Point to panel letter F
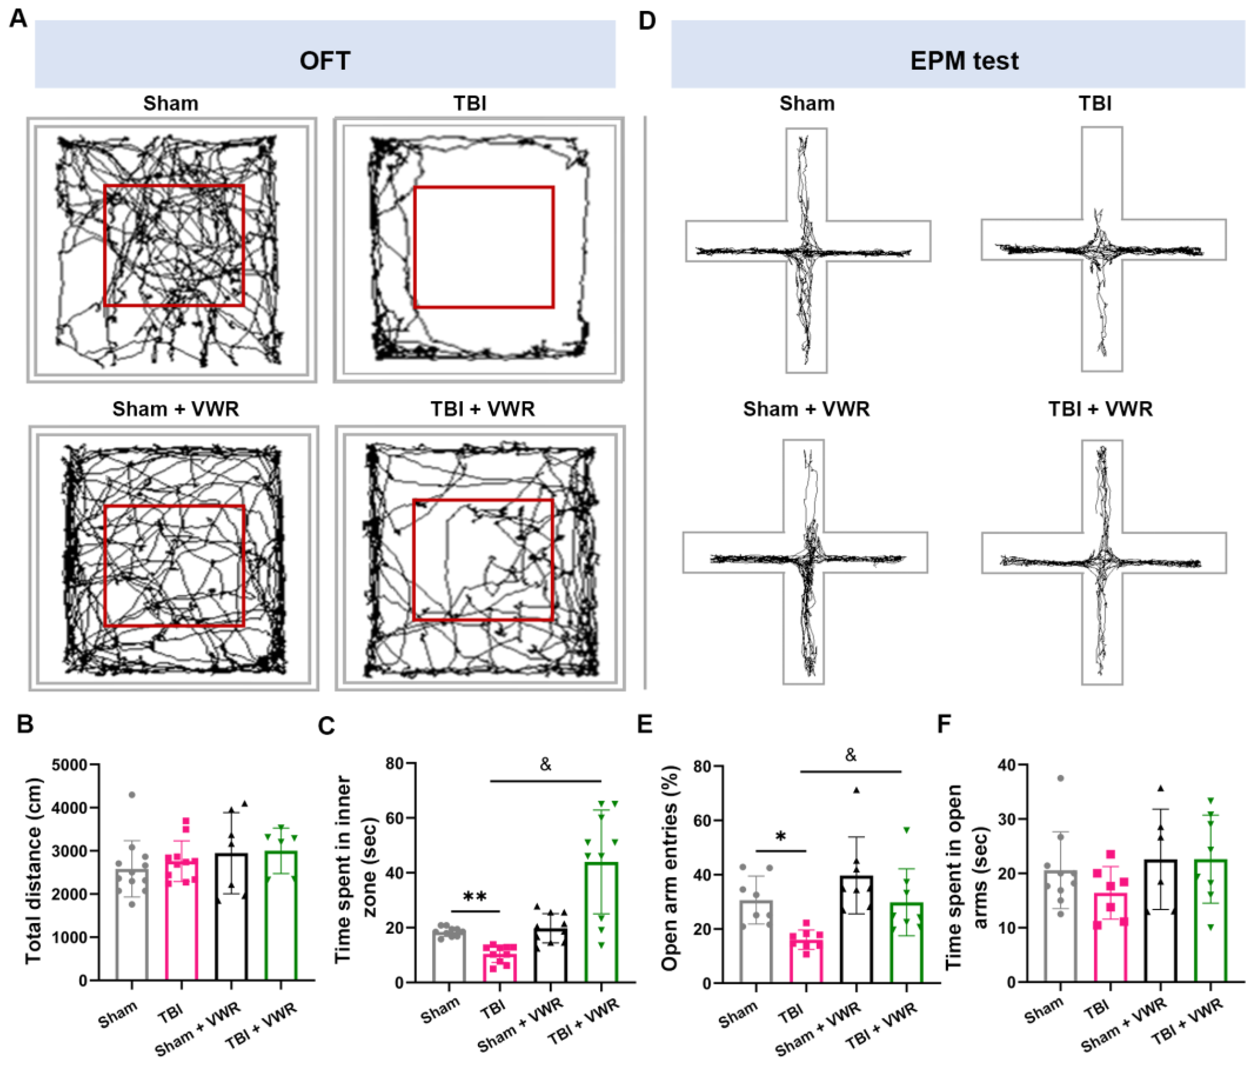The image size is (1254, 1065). (x=944, y=723)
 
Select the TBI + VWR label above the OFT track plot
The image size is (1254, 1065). (x=482, y=409)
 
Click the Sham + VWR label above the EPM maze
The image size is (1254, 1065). (x=806, y=409)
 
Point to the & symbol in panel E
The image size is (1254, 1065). (x=850, y=755)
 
